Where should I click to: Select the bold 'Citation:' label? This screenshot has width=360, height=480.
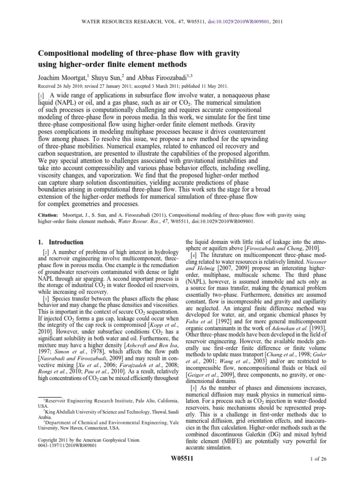[x=47, y=215]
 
